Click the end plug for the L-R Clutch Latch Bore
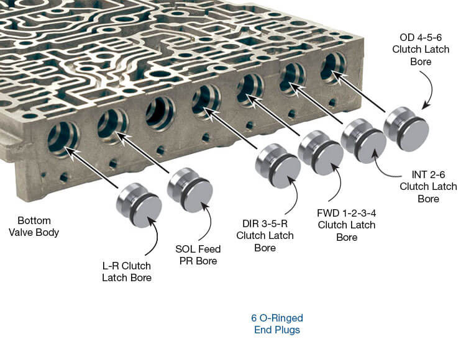tap(139, 205)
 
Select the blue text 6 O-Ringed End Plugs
tap(276, 323)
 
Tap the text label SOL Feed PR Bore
tap(198, 255)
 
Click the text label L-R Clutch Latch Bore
tap(126, 271)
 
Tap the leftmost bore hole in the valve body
tap(63, 137)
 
